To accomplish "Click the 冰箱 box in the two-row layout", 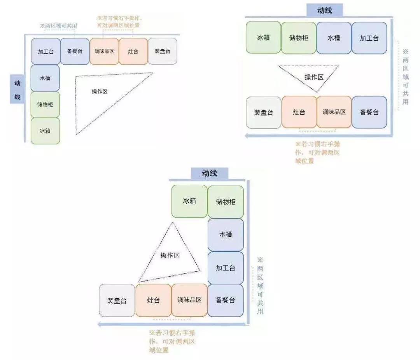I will [x=263, y=38].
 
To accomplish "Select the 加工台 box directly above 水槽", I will [x=45, y=51].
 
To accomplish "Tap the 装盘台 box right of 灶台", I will [x=163, y=51].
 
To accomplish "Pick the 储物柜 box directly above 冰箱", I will [x=45, y=104].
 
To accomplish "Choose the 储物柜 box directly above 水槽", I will [x=226, y=202].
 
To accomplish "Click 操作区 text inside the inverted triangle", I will [x=313, y=77].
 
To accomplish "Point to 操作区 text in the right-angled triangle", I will [x=100, y=91].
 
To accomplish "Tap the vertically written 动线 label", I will [x=17, y=90].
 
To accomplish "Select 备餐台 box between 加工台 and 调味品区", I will [x=75, y=51].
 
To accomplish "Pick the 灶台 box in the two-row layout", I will [x=299, y=112].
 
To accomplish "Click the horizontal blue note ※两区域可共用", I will [x=58, y=26].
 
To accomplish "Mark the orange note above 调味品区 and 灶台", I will [x=119, y=22].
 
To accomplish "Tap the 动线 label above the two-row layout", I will [x=324, y=11].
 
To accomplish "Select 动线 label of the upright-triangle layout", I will [x=209, y=174].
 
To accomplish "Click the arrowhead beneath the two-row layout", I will [x=247, y=136].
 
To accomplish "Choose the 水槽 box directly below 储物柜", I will [x=226, y=235].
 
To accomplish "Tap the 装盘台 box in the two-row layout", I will [x=264, y=112].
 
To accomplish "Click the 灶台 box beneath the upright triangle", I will [x=154, y=300].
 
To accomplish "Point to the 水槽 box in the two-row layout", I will [x=334, y=38].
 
